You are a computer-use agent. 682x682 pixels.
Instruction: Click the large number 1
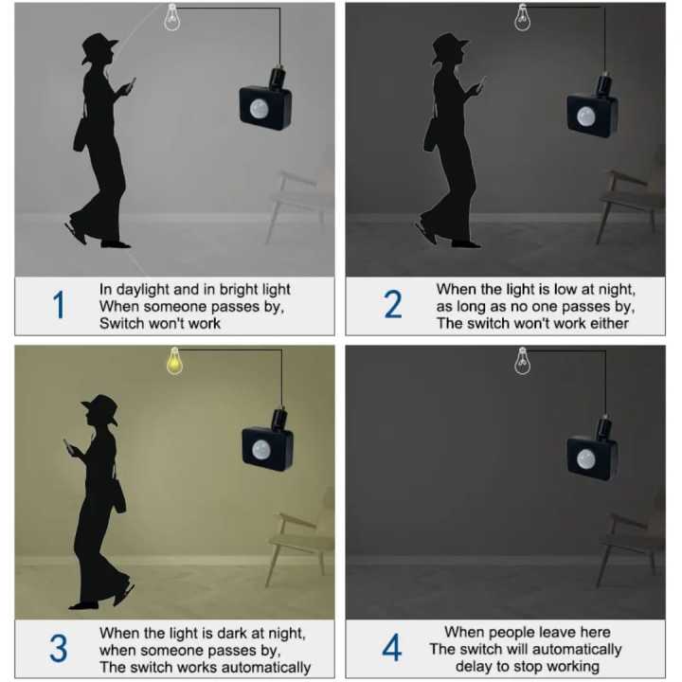60,305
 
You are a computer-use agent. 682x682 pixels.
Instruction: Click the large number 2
392,305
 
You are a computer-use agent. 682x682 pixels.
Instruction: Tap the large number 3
58,649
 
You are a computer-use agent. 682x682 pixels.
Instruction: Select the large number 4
391,649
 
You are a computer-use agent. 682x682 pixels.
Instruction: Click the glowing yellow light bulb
174,360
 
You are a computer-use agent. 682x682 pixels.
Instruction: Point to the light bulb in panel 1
172,17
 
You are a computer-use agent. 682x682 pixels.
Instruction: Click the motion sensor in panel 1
265,105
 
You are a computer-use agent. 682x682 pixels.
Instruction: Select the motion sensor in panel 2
593,114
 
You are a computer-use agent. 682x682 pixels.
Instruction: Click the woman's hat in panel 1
99,47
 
